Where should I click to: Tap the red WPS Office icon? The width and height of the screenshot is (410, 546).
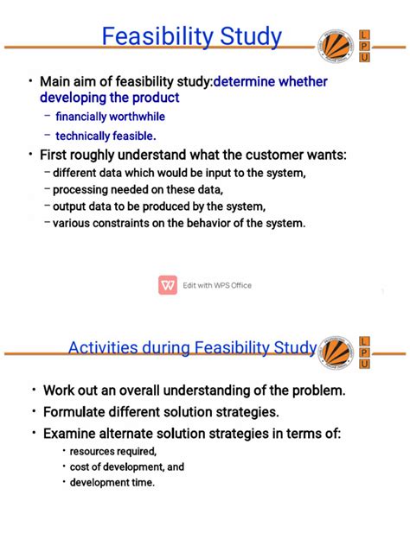point(168,285)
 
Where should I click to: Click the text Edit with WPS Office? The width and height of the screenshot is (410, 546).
point(217,286)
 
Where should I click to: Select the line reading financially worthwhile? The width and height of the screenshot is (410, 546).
point(110,116)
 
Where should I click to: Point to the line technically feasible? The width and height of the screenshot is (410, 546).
point(106,136)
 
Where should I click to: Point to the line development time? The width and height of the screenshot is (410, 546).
point(113,482)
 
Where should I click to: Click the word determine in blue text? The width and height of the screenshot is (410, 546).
point(247,82)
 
